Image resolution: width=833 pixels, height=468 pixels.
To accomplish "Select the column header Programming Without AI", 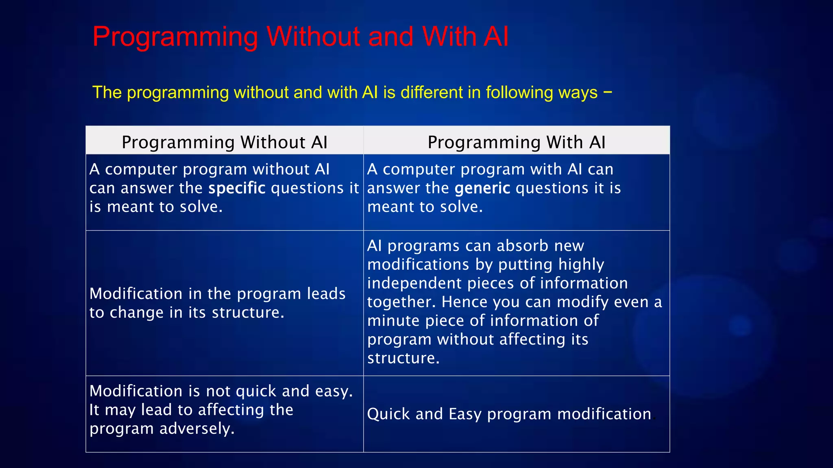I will pyautogui.click(x=225, y=143).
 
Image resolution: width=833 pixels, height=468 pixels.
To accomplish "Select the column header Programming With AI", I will pyautogui.click(x=516, y=143).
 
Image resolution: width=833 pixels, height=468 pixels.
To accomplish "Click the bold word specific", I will pyautogui.click(x=237, y=188).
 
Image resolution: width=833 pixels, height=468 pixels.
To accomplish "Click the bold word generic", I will pyautogui.click(x=482, y=188).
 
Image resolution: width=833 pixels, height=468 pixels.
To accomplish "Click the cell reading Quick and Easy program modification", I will pyautogui.click(x=509, y=414).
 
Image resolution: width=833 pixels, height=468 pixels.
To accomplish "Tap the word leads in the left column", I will pyautogui.click(x=326, y=294).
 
